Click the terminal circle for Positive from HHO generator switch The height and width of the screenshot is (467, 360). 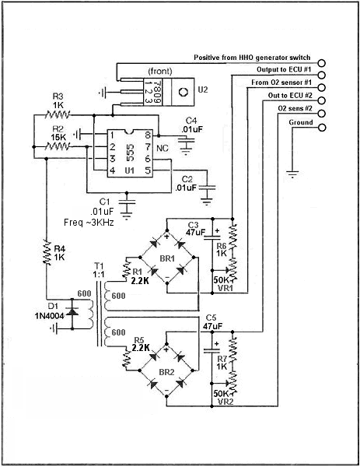pyautogui.click(x=322, y=63)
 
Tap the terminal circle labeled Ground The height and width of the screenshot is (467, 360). pyautogui.click(x=322, y=128)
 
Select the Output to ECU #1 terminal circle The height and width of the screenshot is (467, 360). pyautogui.click(x=322, y=75)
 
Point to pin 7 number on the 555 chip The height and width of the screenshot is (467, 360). pyautogui.click(x=148, y=147)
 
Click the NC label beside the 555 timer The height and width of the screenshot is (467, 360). pyautogui.click(x=163, y=148)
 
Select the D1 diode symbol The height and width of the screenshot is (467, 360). pyautogui.click(x=72, y=311)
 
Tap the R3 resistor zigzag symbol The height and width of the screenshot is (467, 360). pyautogui.click(x=58, y=114)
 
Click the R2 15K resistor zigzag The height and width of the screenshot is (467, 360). pyautogui.click(x=58, y=146)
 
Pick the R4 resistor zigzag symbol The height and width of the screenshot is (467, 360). pyautogui.click(x=47, y=251)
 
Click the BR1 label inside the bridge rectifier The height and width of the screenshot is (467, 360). pyautogui.click(x=167, y=258)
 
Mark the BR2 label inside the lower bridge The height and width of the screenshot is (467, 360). pyautogui.click(x=166, y=372)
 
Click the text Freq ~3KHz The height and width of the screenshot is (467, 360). pyautogui.click(x=89, y=223)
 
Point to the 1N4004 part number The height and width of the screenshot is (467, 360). pyautogui.click(x=50, y=316)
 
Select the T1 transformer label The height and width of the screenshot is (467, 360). pyautogui.click(x=99, y=265)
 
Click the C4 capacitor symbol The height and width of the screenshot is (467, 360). pyautogui.click(x=186, y=143)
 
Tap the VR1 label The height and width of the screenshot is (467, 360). pyautogui.click(x=225, y=288)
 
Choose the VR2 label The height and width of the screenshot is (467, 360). pyautogui.click(x=225, y=401)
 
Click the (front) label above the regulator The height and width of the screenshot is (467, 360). pyautogui.click(x=160, y=71)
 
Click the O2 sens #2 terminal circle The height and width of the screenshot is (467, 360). pyautogui.click(x=322, y=114)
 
